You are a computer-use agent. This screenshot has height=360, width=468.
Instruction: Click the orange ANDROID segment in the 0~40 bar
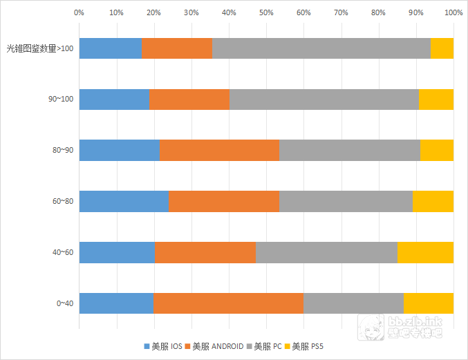[x=228, y=303]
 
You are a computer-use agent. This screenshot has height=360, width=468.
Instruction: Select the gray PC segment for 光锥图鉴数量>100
[x=321, y=48]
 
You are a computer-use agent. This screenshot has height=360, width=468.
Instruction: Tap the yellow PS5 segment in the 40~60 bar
[x=425, y=252]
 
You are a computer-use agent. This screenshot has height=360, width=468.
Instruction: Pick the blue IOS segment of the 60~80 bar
[x=124, y=201]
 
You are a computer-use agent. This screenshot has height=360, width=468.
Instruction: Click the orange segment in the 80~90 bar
[x=219, y=150]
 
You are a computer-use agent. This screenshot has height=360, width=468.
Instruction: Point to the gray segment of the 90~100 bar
[x=324, y=100]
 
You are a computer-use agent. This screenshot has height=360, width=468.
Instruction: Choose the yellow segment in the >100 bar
[x=442, y=48]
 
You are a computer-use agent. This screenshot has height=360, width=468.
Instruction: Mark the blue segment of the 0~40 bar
[x=116, y=303]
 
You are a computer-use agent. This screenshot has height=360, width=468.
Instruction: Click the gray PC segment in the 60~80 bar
[x=346, y=201]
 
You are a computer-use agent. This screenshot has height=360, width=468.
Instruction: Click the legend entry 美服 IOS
[x=163, y=345]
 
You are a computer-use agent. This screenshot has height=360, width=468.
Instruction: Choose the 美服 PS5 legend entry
[x=308, y=345]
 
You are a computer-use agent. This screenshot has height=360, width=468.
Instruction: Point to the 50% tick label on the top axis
[x=266, y=12]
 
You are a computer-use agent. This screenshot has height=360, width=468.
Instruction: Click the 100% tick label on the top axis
[x=453, y=12]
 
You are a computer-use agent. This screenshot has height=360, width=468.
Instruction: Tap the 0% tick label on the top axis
[x=79, y=12]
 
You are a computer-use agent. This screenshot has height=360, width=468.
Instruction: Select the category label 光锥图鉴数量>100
[x=39, y=48]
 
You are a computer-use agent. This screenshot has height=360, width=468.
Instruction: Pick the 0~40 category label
[x=64, y=303]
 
